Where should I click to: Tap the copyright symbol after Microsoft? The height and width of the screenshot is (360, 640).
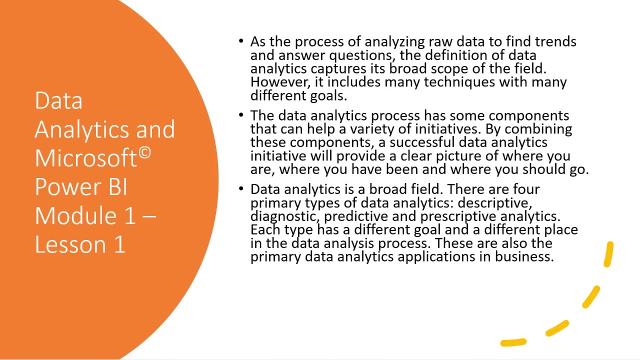[x=145, y=153]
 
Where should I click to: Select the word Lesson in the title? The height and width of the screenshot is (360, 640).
[x=70, y=244]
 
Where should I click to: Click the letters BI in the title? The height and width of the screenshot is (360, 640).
[x=117, y=187]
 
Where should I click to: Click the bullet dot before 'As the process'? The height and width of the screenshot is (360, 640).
[x=241, y=41]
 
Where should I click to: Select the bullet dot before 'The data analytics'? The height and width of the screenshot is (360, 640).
[x=241, y=115]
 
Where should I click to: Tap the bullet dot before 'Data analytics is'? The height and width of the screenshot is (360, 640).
[x=241, y=188]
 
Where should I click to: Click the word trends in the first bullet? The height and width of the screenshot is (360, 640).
[x=555, y=41]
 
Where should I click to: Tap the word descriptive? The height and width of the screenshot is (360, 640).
[x=495, y=203]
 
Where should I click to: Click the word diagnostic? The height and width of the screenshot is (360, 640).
[x=284, y=217]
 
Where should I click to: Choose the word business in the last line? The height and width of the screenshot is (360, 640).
[x=524, y=256]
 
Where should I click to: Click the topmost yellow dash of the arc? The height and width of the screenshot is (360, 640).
[x=608, y=254]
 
